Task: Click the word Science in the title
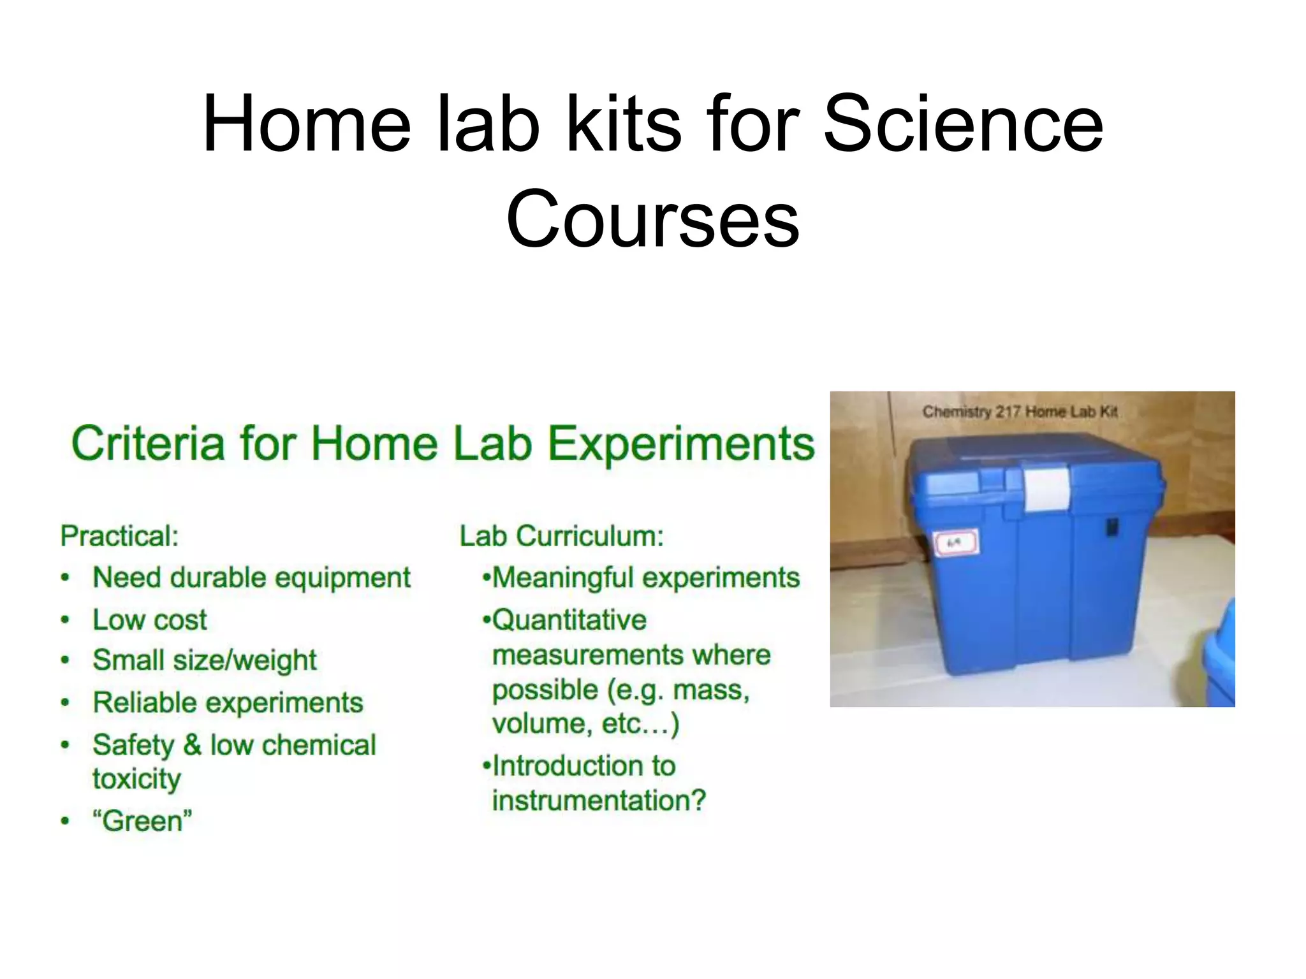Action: pos(963,124)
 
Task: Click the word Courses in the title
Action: pos(652,220)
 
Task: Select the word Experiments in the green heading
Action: pos(681,444)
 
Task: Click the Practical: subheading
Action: pos(119,536)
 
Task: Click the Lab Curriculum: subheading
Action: pos(562,536)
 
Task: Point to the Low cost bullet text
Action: pos(150,620)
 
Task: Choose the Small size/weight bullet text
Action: pos(204,660)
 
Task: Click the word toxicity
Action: pos(136,779)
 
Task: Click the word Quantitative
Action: pos(569,620)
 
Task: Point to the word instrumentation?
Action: pos(599,801)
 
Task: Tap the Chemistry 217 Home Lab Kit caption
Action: pos(1020,412)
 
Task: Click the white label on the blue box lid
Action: pos(1047,489)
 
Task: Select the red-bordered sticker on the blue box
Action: pos(955,544)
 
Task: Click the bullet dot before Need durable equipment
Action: pos(65,578)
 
